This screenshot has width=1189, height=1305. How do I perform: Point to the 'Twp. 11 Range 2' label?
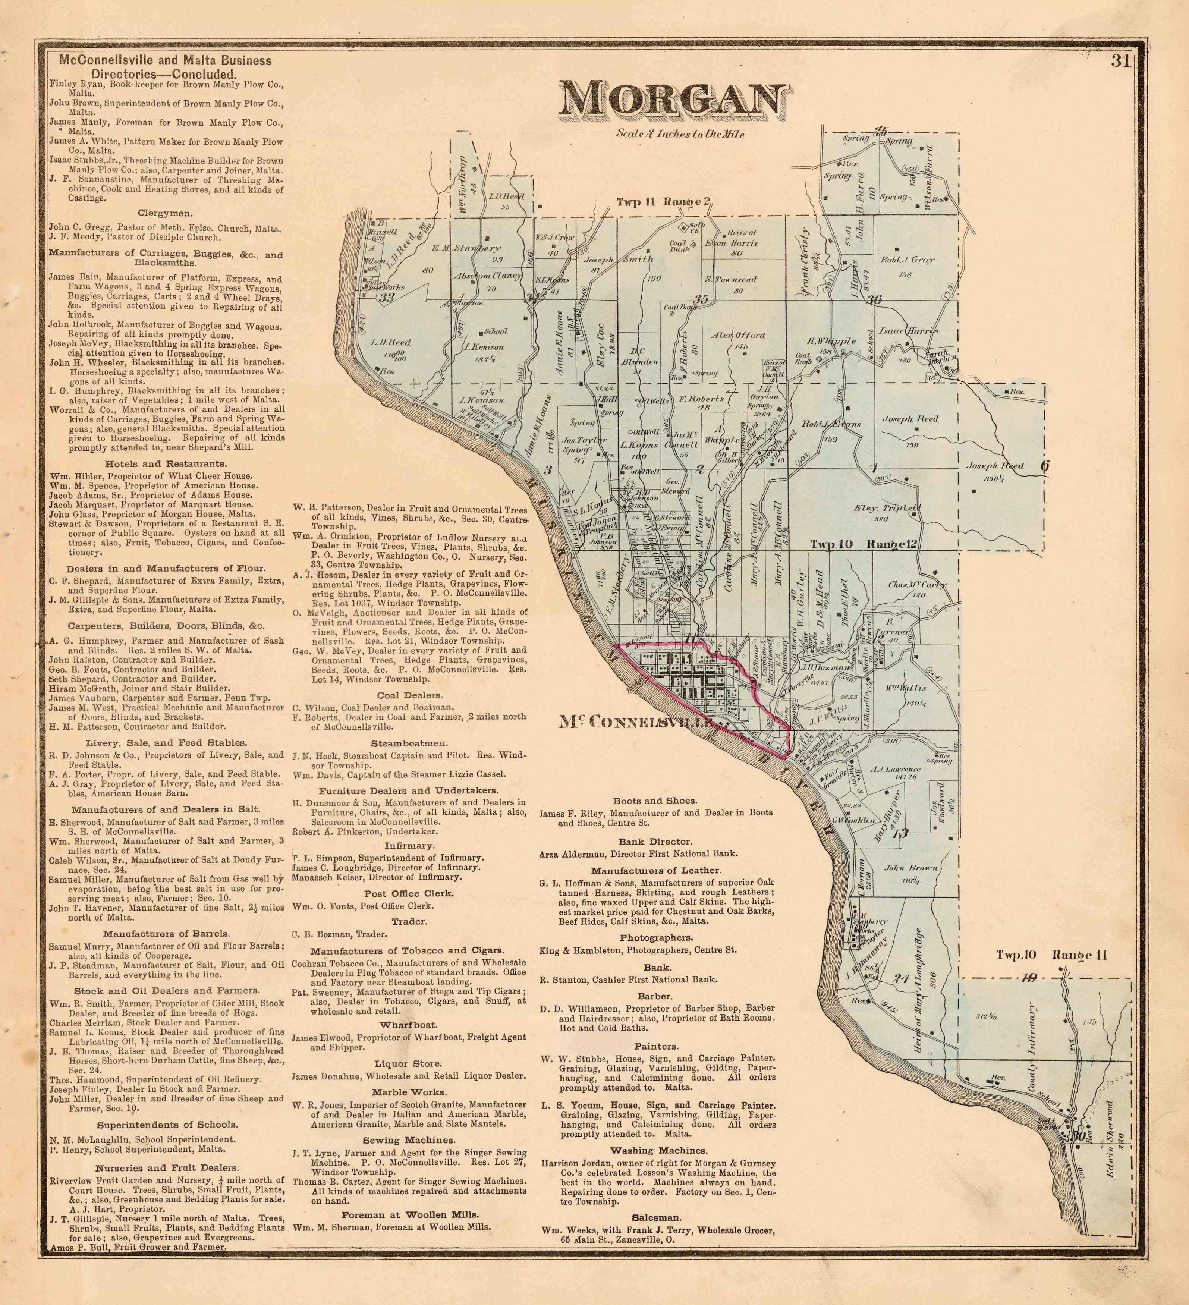click(x=663, y=202)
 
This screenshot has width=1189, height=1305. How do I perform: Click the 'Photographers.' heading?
click(x=656, y=937)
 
